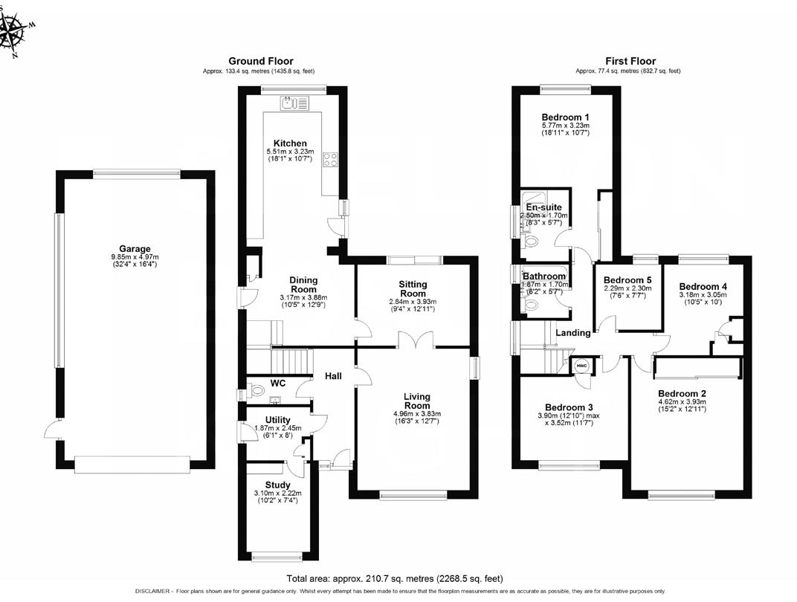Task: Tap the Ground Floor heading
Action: click(x=261, y=62)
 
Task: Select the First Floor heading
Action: click(x=630, y=62)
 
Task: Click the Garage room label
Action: click(x=135, y=249)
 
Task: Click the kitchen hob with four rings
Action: click(x=331, y=160)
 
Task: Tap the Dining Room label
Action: click(x=303, y=285)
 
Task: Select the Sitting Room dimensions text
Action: click(x=413, y=305)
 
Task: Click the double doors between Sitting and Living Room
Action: click(x=416, y=339)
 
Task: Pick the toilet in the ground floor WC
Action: click(x=256, y=391)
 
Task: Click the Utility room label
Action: click(x=277, y=420)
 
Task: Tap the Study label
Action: click(x=277, y=485)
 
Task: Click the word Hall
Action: click(x=333, y=376)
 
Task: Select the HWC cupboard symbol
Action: click(x=581, y=365)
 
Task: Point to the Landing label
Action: click(x=572, y=333)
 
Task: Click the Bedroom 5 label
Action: click(x=627, y=280)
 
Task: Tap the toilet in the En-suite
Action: click(x=531, y=241)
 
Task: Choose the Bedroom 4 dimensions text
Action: click(x=703, y=298)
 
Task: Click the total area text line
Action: click(x=395, y=578)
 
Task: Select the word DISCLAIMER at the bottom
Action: click(x=152, y=592)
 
